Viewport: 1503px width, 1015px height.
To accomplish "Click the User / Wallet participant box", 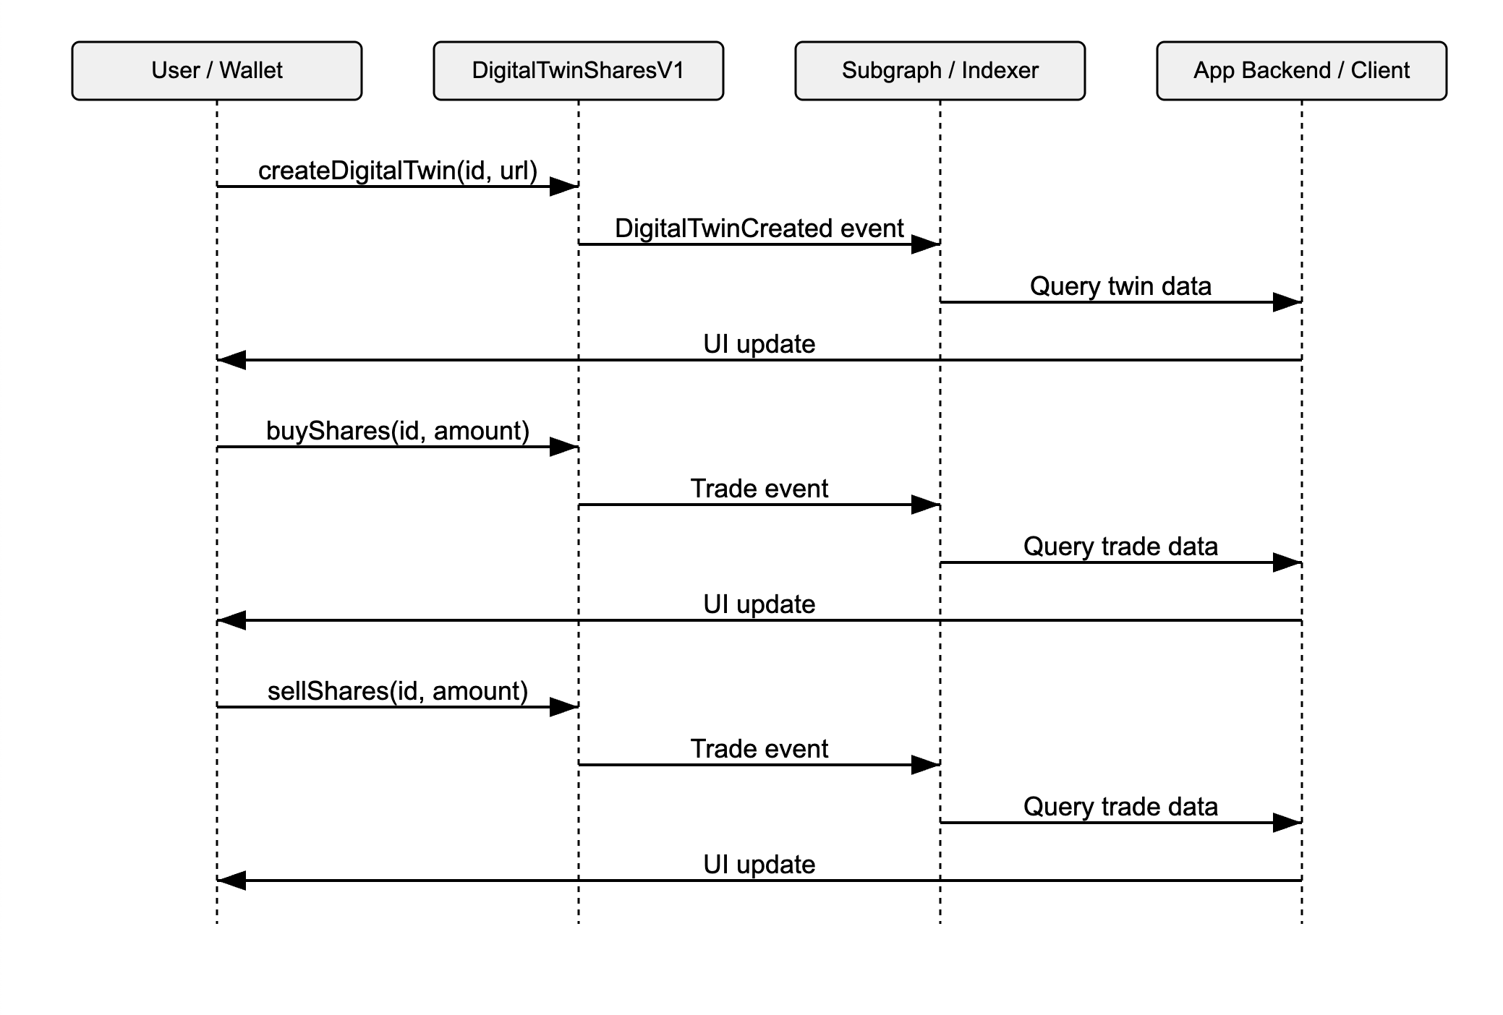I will [216, 70].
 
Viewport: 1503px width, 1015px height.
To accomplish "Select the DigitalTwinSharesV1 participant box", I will [578, 70].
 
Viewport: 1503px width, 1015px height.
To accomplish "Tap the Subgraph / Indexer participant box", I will [940, 70].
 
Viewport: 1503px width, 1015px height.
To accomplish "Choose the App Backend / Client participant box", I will [1301, 70].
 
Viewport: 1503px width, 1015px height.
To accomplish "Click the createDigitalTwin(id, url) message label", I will [398, 171].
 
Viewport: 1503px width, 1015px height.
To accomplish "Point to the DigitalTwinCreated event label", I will [759, 228].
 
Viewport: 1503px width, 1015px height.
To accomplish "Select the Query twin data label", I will [1120, 286].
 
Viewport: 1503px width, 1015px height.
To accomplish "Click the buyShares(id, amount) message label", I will [398, 431].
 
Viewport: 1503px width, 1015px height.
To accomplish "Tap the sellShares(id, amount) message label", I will [398, 691].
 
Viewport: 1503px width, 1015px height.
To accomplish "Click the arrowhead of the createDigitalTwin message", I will [564, 187].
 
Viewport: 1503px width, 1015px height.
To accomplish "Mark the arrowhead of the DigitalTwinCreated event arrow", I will [926, 244].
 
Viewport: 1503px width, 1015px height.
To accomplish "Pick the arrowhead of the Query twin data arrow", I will [1287, 302].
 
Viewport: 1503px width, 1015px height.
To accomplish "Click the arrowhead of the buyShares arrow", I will [564, 447].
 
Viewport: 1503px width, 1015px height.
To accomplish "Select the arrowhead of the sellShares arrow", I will [564, 707].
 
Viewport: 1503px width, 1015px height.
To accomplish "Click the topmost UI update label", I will [759, 344].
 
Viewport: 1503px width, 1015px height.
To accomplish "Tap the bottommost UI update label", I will [759, 865].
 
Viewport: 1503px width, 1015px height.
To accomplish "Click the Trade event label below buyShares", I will [759, 489].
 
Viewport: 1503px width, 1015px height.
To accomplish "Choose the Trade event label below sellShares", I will [759, 749].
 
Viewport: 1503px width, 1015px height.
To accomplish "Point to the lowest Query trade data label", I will [1120, 807].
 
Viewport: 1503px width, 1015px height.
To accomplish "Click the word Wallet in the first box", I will [251, 70].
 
